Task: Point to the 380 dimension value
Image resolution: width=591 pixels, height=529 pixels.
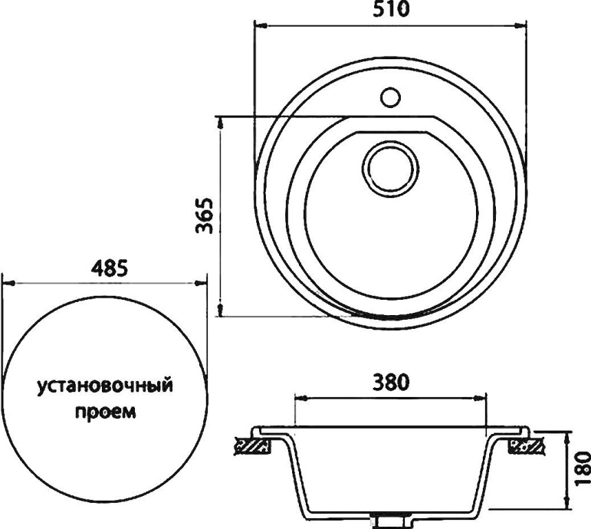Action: (x=390, y=380)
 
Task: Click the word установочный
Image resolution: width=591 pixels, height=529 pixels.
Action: (x=104, y=386)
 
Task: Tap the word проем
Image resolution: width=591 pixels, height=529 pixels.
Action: (x=105, y=412)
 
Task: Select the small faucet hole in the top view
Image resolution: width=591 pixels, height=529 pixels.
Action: (x=390, y=97)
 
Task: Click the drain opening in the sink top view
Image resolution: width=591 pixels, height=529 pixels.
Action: (x=390, y=166)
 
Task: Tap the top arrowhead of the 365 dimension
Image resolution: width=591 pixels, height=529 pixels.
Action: (x=221, y=122)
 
